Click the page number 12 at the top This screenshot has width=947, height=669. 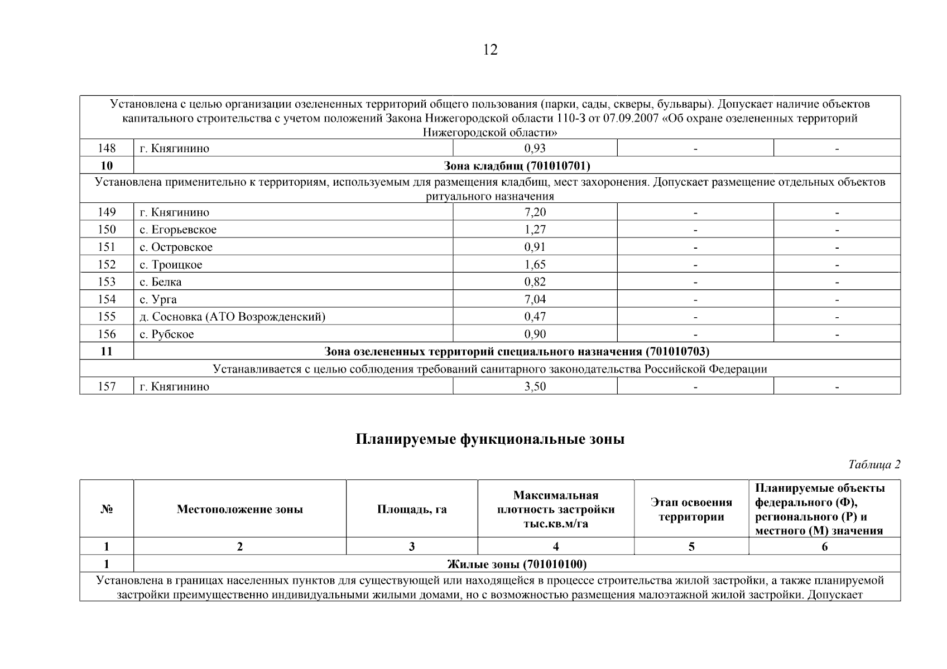pos(489,50)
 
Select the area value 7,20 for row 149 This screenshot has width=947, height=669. pos(535,212)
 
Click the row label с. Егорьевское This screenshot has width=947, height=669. pos(178,230)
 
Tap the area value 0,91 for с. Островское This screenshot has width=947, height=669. pos(535,247)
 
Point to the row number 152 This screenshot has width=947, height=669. pos(107,264)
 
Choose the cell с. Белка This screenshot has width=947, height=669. pos(161,282)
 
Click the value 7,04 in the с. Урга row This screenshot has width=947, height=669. pos(535,299)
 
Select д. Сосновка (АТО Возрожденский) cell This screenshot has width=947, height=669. pos(232,317)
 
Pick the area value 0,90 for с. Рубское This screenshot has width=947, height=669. pos(535,334)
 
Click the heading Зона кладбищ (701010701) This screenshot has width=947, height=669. pos(517,166)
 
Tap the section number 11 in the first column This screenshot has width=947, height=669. pos(107,351)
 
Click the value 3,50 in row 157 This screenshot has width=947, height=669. pos(535,386)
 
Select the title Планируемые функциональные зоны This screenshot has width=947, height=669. pos(490,439)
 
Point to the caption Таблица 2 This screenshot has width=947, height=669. pos(874,465)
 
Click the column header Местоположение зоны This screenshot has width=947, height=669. pos(240,509)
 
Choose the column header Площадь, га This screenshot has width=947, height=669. pos(412,509)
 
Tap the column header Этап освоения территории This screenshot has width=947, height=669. pos(691,510)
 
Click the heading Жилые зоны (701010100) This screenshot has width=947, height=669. pos(517,564)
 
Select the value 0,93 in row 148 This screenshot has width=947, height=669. pos(535,148)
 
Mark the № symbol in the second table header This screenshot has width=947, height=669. pos(107,509)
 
